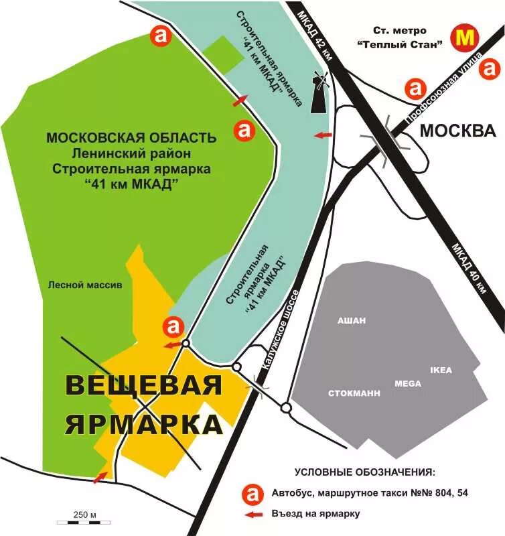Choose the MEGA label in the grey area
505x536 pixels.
[x=407, y=383]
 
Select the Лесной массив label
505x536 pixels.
[x=85, y=284]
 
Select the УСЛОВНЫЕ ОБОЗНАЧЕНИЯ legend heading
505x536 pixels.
[x=364, y=471]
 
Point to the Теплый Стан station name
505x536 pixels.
[x=401, y=46]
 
